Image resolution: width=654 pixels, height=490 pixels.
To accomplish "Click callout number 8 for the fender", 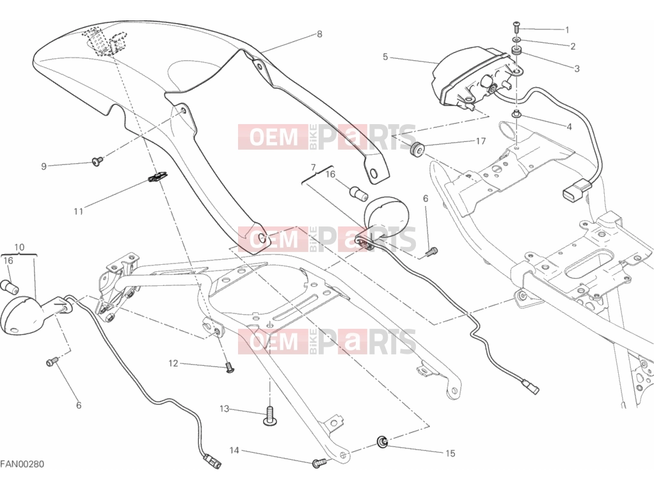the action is tap(319, 34).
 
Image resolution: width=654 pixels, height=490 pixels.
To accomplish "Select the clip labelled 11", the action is tap(157, 177).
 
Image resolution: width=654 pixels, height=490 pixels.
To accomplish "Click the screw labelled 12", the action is tap(230, 367).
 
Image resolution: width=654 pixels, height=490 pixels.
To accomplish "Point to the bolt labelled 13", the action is tap(270, 418).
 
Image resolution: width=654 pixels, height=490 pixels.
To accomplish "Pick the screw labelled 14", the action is tap(318, 462).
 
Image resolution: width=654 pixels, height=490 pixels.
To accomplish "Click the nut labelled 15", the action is tap(383, 441).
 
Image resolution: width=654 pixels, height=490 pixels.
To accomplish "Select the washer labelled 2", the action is tap(516, 40).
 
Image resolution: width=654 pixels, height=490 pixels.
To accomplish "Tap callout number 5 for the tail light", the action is tap(385, 57).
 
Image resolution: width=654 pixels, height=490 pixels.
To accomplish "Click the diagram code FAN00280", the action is tap(22, 464).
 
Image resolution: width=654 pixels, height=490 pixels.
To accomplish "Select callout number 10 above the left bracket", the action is tap(20, 248).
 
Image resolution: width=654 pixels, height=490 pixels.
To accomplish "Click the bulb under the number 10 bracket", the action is tap(10, 287).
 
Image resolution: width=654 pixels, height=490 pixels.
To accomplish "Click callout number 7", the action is tap(314, 168).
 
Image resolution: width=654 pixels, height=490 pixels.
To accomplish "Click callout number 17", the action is tap(481, 141).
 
